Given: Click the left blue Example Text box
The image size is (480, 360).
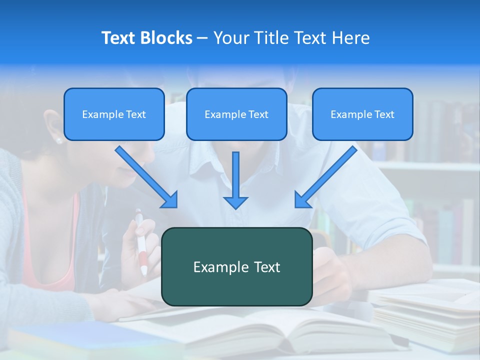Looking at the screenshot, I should click(114, 114).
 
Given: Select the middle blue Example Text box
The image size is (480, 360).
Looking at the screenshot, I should click(236, 114).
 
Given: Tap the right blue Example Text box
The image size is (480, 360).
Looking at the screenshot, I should click(362, 114).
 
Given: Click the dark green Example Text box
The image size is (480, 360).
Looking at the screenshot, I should click(236, 266).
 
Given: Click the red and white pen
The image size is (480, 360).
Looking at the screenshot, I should click(141, 245).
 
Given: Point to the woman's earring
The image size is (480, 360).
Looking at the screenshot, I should click(59, 140).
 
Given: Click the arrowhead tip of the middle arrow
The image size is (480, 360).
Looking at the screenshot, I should click(235, 207).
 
